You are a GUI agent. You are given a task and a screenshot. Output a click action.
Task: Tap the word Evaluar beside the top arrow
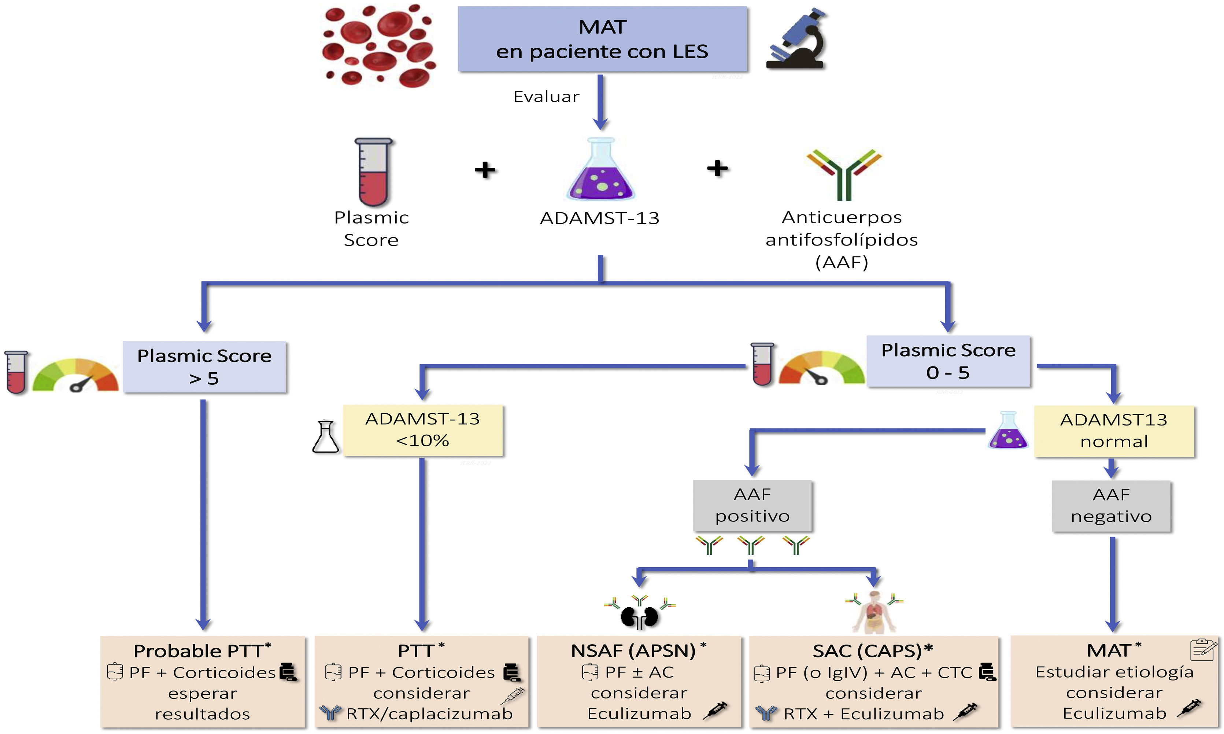(546, 96)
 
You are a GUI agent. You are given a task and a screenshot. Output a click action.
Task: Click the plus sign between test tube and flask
(485, 170)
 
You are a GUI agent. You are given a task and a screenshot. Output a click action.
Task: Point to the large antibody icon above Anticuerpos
(844, 174)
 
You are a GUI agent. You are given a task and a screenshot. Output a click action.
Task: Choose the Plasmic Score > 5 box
(204, 367)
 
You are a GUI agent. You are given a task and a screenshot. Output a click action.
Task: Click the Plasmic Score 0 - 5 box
(948, 361)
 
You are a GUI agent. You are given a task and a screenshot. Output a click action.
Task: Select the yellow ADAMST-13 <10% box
(423, 430)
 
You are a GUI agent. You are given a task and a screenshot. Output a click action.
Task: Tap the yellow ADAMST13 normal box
(1114, 431)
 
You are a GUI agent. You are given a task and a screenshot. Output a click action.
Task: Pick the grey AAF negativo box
(1111, 505)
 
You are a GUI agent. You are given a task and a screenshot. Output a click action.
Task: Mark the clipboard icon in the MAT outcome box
(1203, 649)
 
